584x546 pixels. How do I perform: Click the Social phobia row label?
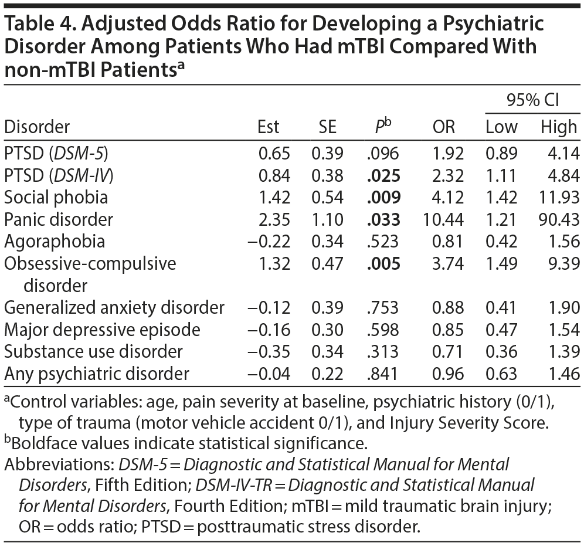point(56,197)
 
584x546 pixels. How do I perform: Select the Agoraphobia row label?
point(55,242)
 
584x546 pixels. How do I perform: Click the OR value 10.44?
point(443,219)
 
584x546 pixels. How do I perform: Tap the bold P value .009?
point(384,197)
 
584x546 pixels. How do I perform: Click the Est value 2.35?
point(274,219)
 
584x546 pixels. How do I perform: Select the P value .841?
point(384,373)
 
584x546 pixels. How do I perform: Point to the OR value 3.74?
point(448,263)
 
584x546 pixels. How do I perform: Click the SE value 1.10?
point(327,219)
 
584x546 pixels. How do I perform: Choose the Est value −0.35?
point(270,351)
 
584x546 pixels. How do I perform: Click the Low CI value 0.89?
point(501,154)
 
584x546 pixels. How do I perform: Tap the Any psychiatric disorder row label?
point(97,373)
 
